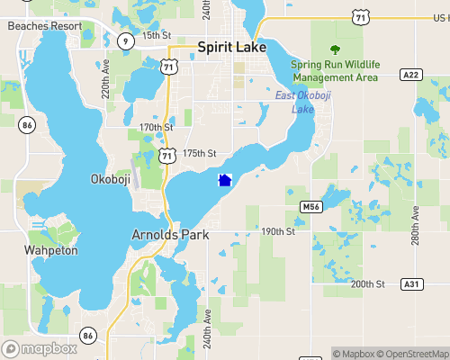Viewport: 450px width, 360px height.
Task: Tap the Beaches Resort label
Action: point(44,26)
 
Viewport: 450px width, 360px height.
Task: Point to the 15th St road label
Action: point(156,34)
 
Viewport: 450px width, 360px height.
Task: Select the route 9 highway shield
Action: point(124,41)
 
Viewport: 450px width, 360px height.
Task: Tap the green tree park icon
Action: point(336,49)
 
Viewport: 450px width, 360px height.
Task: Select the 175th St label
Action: point(200,154)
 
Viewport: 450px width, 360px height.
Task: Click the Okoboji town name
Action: point(113,179)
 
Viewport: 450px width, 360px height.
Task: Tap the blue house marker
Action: point(225,180)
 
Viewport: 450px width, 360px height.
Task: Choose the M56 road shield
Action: point(310,207)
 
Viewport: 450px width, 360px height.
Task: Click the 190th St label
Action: point(278,231)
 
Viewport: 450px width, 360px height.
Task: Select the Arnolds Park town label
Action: point(170,234)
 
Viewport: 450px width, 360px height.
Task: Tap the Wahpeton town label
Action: point(51,250)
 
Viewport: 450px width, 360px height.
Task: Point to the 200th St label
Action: point(367,283)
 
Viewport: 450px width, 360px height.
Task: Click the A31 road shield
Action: point(411,284)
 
